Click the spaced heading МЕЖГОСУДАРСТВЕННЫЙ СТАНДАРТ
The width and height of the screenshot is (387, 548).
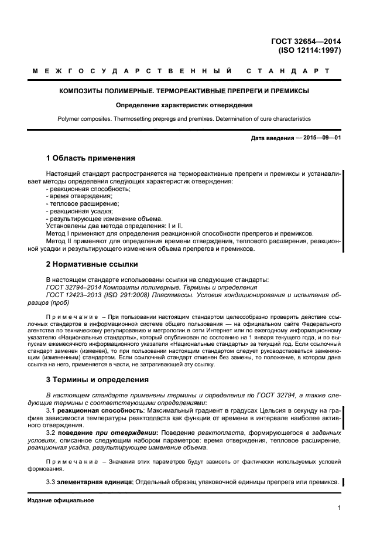181,72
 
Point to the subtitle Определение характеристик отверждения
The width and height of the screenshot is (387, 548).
184,105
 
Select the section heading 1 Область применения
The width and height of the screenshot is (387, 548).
90,158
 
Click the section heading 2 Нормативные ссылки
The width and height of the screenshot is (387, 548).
91,264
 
